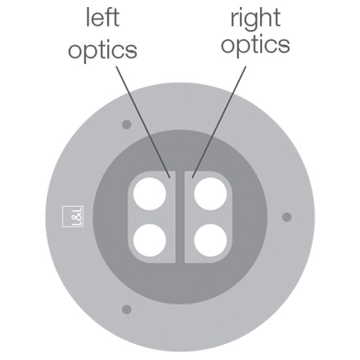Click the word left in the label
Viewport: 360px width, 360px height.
coord(103,18)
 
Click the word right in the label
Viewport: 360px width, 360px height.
coord(255,20)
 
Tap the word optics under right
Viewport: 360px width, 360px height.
coord(255,45)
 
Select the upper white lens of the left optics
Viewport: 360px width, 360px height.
coord(149,194)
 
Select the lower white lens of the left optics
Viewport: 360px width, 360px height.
coord(149,240)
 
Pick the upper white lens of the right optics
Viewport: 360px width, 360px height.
coord(211,194)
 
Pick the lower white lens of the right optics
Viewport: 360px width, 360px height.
coord(211,240)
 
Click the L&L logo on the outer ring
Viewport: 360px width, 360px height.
coord(73,217)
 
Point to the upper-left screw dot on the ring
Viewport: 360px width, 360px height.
coord(126,124)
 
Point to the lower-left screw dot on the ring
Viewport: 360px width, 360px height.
coord(126,310)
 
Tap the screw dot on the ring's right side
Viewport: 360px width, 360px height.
coord(287,217)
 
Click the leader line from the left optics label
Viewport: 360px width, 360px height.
coord(143,122)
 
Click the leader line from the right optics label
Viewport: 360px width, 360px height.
coord(219,122)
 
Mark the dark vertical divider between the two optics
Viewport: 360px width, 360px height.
coord(180,217)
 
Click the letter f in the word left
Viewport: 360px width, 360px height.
coord(109,18)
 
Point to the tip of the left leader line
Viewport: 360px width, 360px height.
coord(170,178)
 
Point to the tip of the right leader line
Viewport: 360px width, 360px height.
coord(192,178)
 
